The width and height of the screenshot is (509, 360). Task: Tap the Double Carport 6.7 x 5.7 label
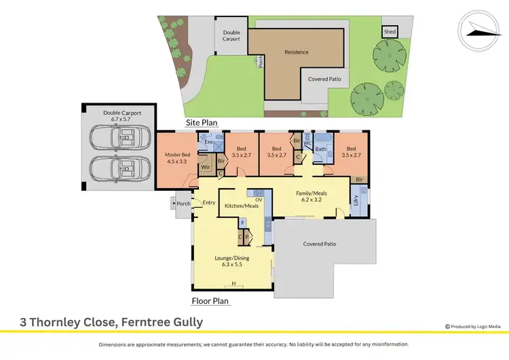[122, 116]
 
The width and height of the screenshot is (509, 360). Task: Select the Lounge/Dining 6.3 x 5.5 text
[233, 261]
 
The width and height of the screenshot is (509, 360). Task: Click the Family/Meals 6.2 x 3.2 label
[312, 197]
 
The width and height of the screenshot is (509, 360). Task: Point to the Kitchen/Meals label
[240, 205]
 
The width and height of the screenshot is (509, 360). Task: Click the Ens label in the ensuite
[208, 142]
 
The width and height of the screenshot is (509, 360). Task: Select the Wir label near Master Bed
[204, 166]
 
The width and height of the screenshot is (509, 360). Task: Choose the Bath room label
[321, 149]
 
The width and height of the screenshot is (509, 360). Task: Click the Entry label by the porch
[208, 202]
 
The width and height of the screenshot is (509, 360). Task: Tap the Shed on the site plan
[390, 32]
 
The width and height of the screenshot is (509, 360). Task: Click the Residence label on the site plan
[296, 52]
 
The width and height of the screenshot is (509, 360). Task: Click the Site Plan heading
[202, 122]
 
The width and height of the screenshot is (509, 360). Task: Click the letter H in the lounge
[233, 283]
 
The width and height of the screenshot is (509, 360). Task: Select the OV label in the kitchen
[259, 199]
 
